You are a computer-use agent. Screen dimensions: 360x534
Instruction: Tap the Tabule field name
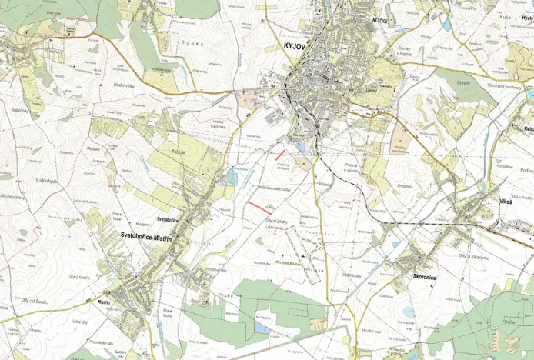click(x=179, y=152)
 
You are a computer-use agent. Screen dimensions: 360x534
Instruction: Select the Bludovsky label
click(x=124, y=85)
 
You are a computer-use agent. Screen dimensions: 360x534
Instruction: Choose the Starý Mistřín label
click(x=80, y=276)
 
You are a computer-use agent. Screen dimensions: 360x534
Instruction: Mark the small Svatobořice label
click(x=168, y=220)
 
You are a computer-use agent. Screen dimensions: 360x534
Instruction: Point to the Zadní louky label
click(x=352, y=275)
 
